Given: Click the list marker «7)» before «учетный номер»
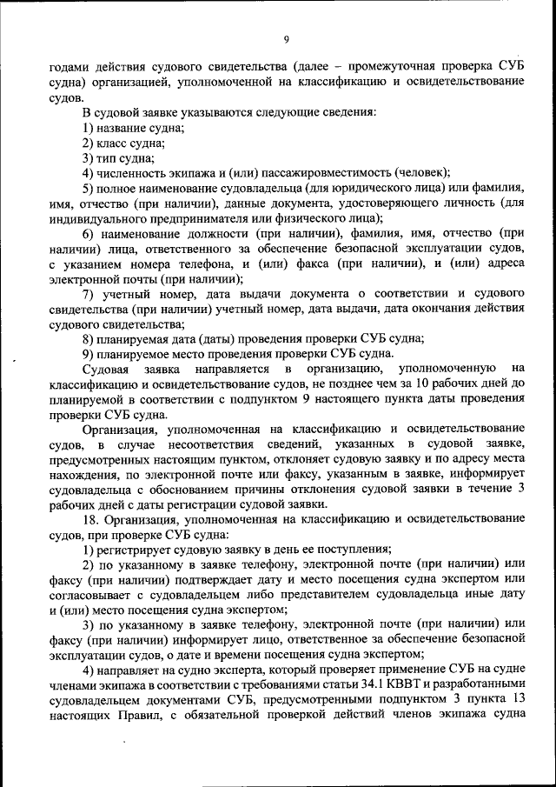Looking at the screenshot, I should (x=89, y=294).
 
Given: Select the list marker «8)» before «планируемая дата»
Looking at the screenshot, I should (x=89, y=339).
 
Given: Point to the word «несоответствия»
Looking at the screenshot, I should (x=177, y=444).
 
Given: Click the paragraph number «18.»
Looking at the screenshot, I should (x=92, y=519).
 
